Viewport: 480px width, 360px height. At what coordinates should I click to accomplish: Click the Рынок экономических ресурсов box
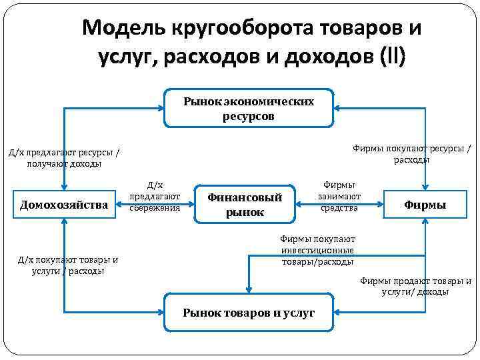[249, 108]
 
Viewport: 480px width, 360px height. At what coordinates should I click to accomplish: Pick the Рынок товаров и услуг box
[249, 313]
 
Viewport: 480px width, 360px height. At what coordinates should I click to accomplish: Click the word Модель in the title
[122, 28]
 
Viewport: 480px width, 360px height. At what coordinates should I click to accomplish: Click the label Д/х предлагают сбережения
[155, 196]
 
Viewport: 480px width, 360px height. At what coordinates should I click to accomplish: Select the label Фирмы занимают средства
[339, 196]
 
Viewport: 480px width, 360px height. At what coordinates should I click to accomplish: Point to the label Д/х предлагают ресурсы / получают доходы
[64, 157]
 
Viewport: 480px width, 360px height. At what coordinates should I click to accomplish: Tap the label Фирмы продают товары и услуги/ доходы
[415, 286]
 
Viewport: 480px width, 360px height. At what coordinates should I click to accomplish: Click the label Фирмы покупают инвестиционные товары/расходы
[317, 250]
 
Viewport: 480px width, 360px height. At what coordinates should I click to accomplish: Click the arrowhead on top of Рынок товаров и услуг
[249, 289]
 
